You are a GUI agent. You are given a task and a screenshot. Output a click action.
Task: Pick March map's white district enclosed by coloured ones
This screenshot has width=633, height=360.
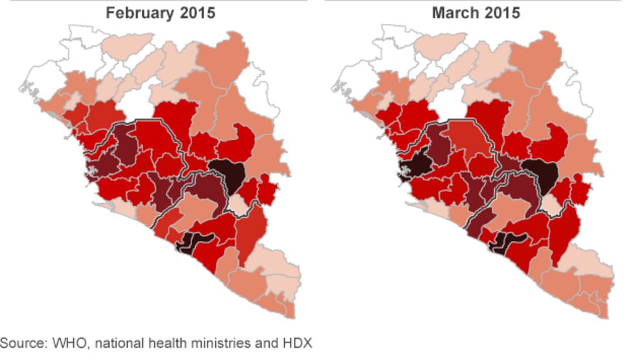[x=447, y=102]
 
